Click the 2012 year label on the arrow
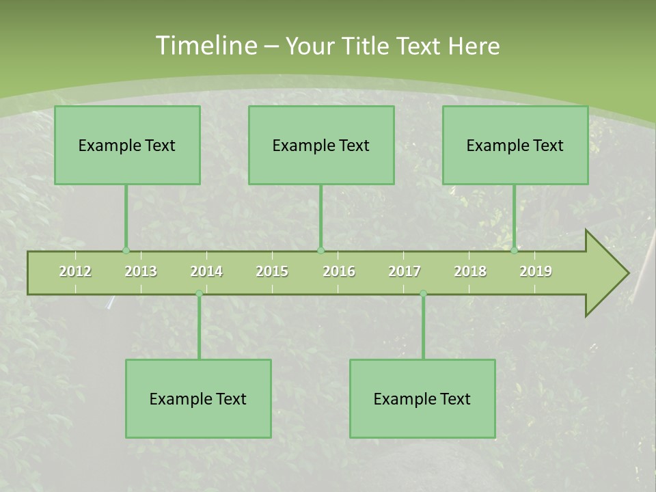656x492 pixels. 75,271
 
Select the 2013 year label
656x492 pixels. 141,271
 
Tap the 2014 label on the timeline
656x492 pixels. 206,271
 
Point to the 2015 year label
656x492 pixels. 272,271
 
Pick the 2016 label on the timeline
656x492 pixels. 339,271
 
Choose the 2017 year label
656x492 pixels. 405,271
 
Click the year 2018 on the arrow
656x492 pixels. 470,271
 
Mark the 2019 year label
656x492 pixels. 536,271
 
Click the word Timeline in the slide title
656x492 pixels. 205,46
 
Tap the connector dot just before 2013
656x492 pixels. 126,250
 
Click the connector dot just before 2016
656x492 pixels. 320,250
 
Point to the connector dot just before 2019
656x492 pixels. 515,250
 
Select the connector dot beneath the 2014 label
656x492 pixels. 199,294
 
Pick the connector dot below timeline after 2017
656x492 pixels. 423,294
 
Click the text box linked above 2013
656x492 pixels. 127,145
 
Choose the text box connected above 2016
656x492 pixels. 321,145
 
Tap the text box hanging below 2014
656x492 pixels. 198,398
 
